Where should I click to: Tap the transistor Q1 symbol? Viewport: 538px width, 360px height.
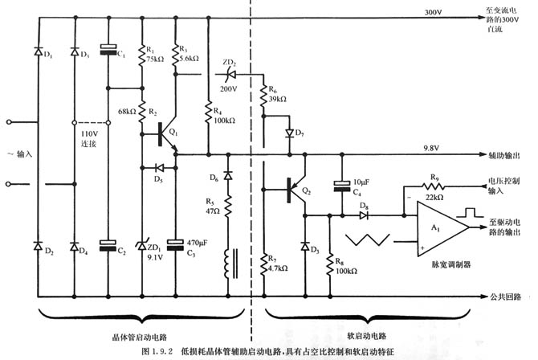(167, 135)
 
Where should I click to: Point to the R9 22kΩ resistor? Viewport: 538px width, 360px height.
(435, 184)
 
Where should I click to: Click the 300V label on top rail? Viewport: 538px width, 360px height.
(434, 13)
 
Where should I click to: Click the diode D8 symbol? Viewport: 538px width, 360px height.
(363, 215)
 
